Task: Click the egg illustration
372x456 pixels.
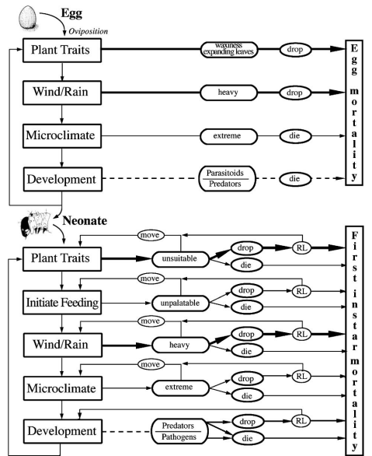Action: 28,18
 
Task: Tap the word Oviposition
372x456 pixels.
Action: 89,31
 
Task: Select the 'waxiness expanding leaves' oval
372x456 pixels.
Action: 229,50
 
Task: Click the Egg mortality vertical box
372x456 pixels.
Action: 354,113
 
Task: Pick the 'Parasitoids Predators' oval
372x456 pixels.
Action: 228,178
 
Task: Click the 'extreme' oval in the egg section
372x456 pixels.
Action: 228,136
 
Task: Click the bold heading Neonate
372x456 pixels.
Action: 85,221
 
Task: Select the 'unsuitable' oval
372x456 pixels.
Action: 180,259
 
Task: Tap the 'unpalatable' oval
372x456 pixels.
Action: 180,303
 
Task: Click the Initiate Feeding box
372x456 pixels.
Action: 62,303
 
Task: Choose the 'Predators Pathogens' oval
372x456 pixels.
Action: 179,431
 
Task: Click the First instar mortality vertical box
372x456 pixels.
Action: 354,341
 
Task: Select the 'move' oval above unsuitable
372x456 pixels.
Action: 151,235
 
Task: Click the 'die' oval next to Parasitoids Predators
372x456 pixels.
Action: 295,178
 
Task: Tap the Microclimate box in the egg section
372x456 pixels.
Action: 62,136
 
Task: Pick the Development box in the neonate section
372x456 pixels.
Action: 63,431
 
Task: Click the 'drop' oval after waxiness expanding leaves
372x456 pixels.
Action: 296,50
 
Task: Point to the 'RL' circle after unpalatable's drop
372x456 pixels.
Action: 301,291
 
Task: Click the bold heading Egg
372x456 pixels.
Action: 71,14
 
